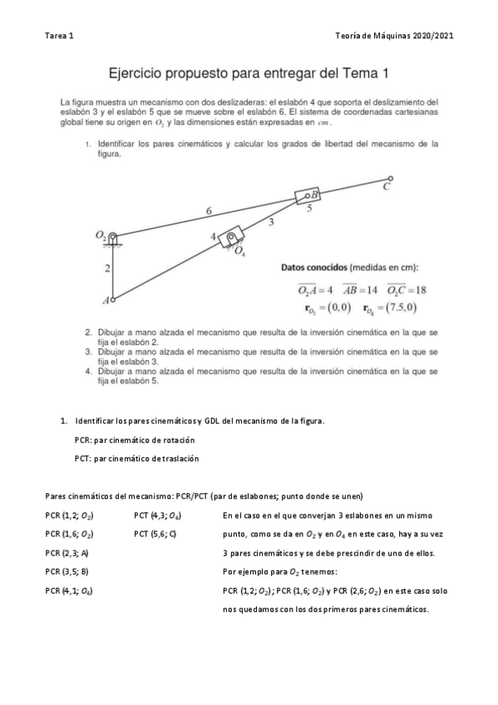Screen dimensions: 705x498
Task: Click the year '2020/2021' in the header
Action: click(433, 37)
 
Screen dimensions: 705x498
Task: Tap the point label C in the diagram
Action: click(387, 188)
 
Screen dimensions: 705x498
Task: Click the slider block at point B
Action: click(308, 197)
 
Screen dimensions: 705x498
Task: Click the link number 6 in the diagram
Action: click(209, 211)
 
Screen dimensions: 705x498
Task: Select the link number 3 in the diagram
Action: click(271, 222)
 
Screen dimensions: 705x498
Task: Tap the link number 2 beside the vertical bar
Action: click(106, 268)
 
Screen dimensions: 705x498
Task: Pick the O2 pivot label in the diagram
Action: click(101, 236)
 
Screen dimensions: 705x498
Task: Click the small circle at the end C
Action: click(391, 178)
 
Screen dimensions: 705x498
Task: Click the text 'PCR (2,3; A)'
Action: click(67, 553)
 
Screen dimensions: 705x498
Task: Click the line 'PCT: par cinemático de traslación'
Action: click(136, 458)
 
